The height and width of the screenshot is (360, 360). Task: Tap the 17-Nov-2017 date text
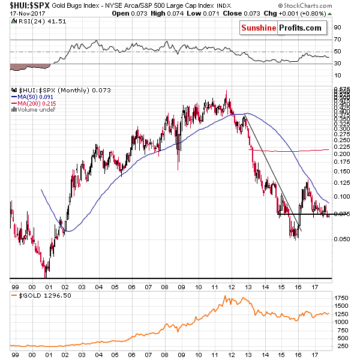(22, 13)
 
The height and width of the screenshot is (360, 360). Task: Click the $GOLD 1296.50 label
(38, 296)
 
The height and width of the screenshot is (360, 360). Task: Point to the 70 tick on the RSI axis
(338, 40)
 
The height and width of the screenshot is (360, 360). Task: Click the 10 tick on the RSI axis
(338, 75)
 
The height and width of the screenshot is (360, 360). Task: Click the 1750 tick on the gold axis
(341, 298)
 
